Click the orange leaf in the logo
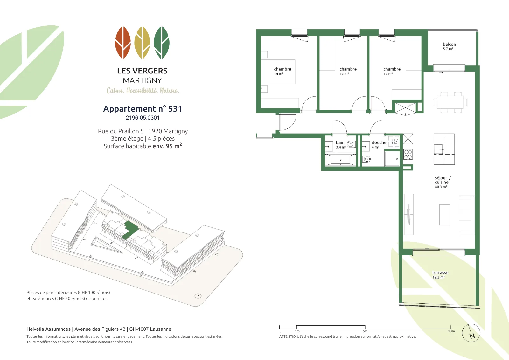123,43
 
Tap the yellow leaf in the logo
142,43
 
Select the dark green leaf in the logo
162,43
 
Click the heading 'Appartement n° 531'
143,109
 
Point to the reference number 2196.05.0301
143,118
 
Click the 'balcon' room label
449,44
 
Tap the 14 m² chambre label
282,71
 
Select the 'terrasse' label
440,273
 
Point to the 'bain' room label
340,142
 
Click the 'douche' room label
379,142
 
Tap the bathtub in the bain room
340,160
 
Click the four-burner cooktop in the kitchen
408,154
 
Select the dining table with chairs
450,102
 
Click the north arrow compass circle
471,333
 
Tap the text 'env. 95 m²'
167,146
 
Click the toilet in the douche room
366,159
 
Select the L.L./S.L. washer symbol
394,142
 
